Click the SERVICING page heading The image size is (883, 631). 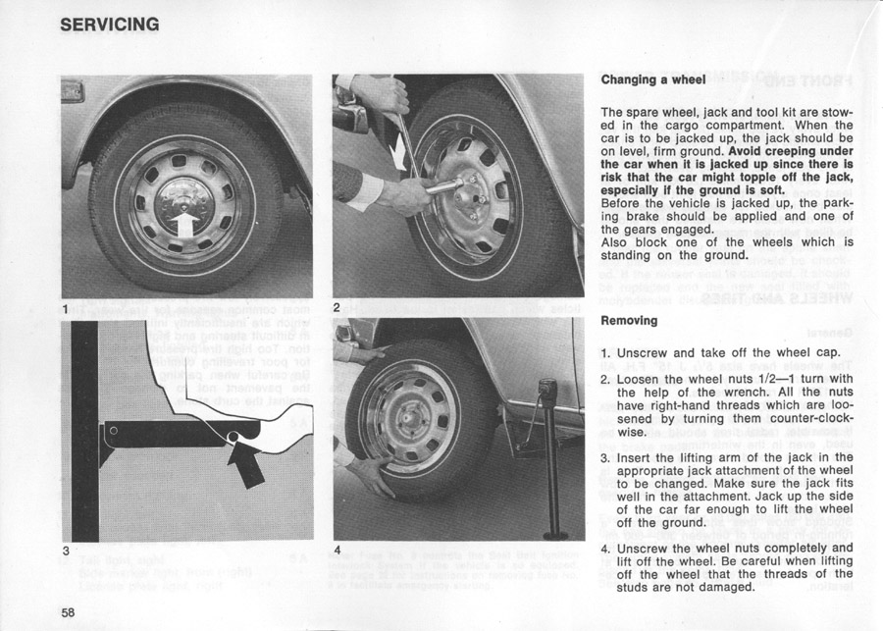pyautogui.click(x=110, y=23)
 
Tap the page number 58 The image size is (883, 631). pyautogui.click(x=68, y=611)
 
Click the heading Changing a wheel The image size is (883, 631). pyautogui.click(x=652, y=79)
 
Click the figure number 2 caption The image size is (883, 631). pyautogui.click(x=337, y=307)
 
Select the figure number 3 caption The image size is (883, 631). pyautogui.click(x=66, y=551)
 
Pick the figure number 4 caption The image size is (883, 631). pyautogui.click(x=337, y=551)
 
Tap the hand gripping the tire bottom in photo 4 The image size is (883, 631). pyautogui.click(x=371, y=473)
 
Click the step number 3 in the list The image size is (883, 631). pyautogui.click(x=605, y=456)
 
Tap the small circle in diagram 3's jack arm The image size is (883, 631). pyautogui.click(x=113, y=430)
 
